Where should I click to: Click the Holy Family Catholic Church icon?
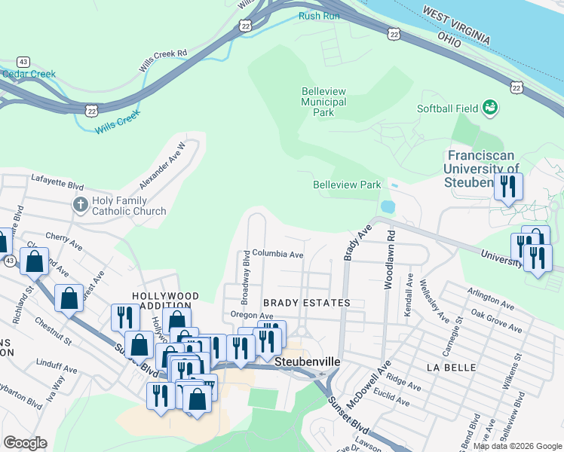[81, 204]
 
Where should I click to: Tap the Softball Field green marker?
[491, 108]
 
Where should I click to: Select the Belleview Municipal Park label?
[323, 102]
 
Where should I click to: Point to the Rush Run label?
[316, 15]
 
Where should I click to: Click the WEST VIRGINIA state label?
[456, 25]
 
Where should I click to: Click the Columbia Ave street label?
[277, 255]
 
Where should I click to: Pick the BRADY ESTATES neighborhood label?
[307, 303]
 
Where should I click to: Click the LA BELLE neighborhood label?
[451, 368]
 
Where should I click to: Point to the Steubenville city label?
[307, 362]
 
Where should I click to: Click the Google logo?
[25, 443]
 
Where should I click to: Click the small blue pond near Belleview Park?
[388, 206]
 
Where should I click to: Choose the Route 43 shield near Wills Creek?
[24, 61]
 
